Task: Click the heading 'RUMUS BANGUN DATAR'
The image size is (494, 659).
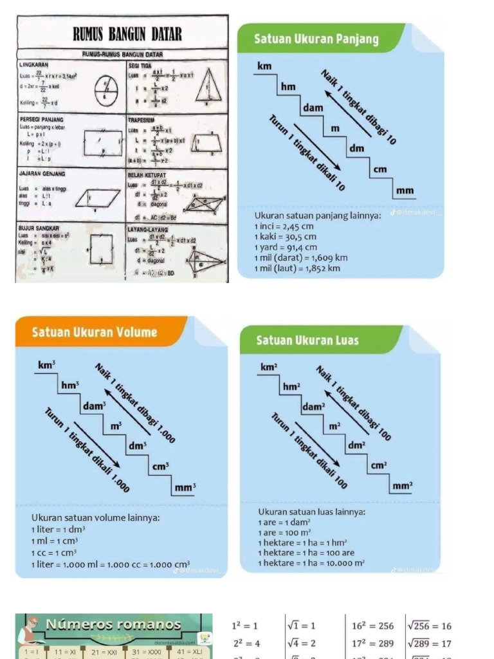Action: [127, 33]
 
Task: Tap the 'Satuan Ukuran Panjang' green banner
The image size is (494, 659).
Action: [316, 39]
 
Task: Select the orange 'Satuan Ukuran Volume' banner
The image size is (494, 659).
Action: [94, 332]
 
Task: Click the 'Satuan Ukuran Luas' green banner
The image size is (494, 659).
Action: [307, 340]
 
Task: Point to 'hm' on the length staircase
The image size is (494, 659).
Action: [288, 87]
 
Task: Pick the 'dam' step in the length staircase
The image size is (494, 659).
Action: [313, 107]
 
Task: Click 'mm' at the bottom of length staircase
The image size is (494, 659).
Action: [405, 190]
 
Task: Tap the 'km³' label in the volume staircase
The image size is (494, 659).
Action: [46, 365]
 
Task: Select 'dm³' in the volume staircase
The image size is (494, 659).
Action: [137, 445]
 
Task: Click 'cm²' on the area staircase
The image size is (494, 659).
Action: [379, 465]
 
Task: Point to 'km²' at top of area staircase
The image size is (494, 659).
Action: [269, 367]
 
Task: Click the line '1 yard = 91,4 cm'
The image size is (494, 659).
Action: [286, 247]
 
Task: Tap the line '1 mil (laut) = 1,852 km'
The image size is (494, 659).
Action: [297, 268]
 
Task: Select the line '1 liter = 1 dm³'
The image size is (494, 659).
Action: [59, 529]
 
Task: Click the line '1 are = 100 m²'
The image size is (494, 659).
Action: [284, 533]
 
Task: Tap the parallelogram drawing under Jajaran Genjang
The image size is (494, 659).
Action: [98, 198]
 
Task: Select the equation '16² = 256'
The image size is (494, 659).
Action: [372, 626]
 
